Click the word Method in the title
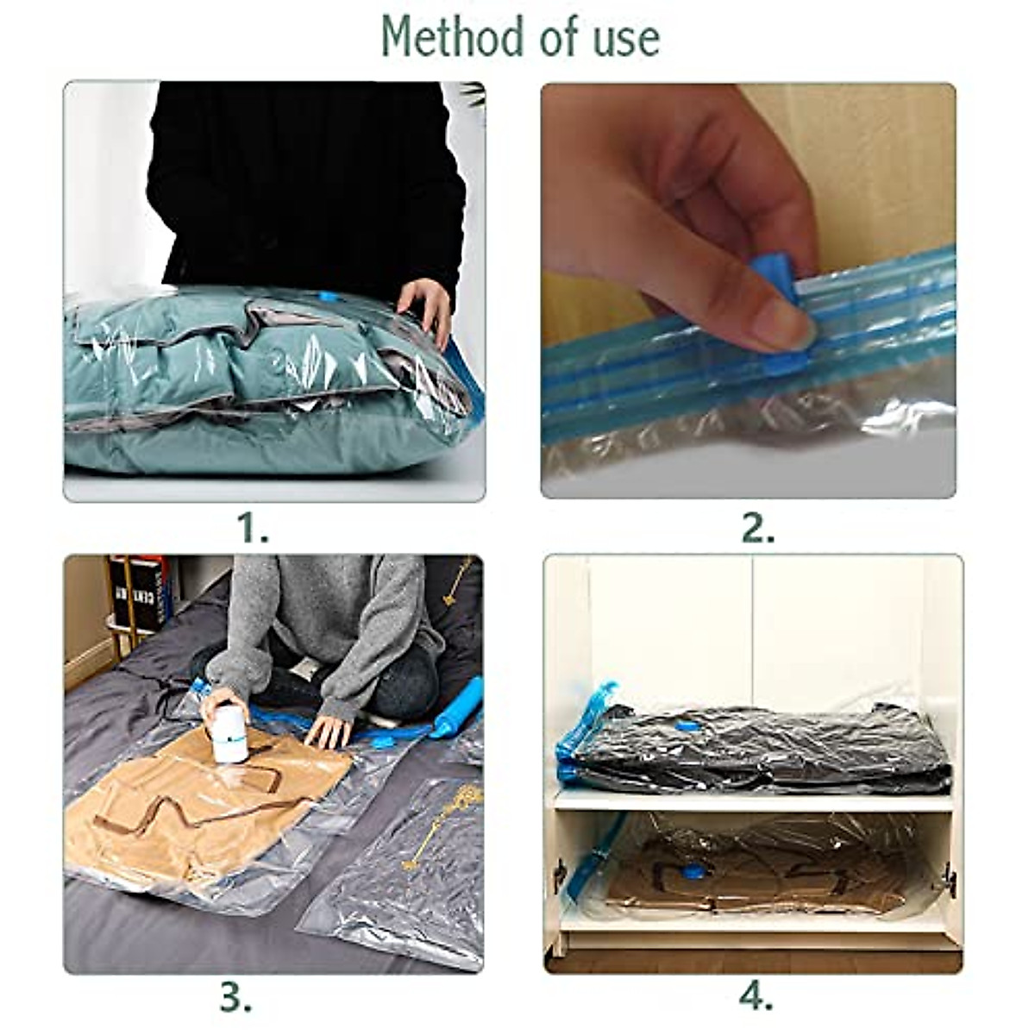click(x=438, y=36)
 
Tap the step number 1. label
click(x=253, y=528)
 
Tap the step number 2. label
click(x=758, y=528)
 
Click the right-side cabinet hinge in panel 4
click(x=949, y=878)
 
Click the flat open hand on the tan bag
click(x=329, y=731)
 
